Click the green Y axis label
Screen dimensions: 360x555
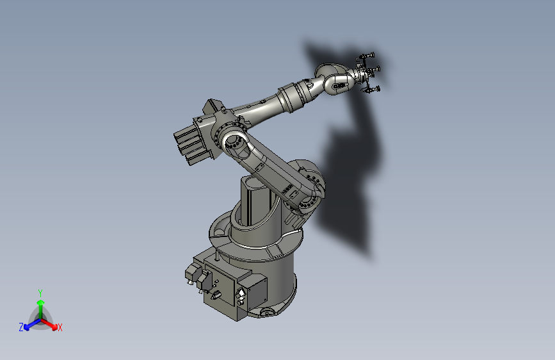coord(40,292)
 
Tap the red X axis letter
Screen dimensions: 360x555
coord(60,328)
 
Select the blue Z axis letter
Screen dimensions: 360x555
coord(21,327)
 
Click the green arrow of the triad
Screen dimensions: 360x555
coord(40,303)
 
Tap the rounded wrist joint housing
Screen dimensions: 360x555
coord(336,78)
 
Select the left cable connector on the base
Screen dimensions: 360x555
coord(190,274)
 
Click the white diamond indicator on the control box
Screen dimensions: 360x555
coord(241,295)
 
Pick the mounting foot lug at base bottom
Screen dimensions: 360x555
coord(266,312)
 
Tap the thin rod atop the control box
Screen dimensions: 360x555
coord(218,257)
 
